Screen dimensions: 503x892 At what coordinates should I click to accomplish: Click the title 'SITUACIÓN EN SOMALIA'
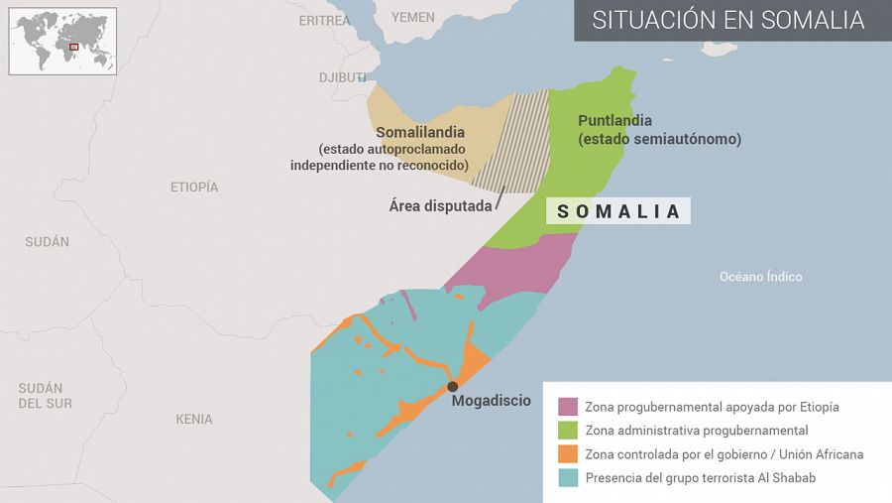(x=728, y=21)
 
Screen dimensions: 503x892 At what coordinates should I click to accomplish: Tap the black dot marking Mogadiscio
(x=452, y=387)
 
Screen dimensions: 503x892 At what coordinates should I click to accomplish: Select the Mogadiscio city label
(x=491, y=402)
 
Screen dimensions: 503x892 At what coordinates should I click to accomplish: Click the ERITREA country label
(x=324, y=20)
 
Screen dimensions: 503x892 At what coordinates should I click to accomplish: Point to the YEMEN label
(x=412, y=17)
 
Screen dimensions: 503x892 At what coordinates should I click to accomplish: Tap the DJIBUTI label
(x=342, y=77)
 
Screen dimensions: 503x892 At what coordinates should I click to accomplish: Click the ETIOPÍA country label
(x=194, y=187)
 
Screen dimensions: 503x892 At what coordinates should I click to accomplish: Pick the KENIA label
(x=194, y=419)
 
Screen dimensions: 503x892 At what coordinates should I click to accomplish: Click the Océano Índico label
(x=760, y=277)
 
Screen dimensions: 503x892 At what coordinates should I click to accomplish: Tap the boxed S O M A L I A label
(x=618, y=211)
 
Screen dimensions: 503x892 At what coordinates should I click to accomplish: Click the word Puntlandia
(x=614, y=120)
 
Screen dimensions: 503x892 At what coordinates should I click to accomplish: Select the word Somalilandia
(x=420, y=132)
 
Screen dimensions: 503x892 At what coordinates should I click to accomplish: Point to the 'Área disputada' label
(x=440, y=206)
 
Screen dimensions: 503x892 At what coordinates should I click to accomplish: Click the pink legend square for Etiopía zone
(x=568, y=407)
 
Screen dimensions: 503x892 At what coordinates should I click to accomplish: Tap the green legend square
(x=568, y=431)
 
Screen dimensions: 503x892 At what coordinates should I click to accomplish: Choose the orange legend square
(x=568, y=454)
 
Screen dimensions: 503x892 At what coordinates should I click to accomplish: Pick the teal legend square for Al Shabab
(x=568, y=478)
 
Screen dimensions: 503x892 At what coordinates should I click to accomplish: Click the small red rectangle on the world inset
(x=73, y=47)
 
